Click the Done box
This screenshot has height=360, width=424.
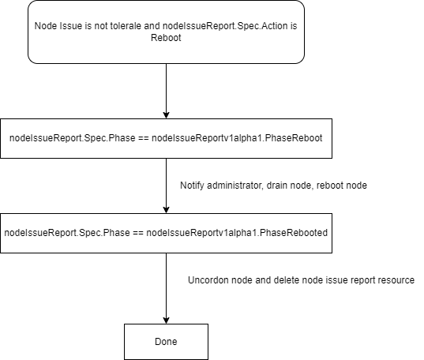coord(166,342)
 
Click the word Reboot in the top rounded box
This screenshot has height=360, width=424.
coord(166,36)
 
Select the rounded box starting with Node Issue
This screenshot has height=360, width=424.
coord(166,32)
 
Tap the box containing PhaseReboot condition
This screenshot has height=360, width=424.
coord(166,137)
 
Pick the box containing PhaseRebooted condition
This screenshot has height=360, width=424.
coord(166,233)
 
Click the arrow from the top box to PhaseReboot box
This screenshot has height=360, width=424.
coord(166,90)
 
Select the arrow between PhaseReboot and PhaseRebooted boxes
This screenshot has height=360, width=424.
coord(166,186)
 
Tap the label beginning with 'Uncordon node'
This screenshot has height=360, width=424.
coord(301,280)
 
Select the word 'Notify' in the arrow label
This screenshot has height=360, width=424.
coord(194,185)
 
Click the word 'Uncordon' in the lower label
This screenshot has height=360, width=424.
coord(208,280)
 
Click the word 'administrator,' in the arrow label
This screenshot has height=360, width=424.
coord(237,185)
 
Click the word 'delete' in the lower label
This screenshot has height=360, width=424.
coord(279,280)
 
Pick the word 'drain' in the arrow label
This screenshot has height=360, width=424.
coord(279,185)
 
